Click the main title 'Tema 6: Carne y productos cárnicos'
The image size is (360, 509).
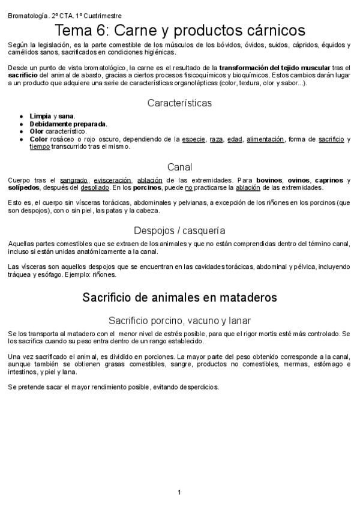pyautogui.click(x=180, y=30)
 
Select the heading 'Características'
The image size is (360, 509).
pyautogui.click(x=179, y=103)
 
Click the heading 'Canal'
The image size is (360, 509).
pyautogui.click(x=179, y=167)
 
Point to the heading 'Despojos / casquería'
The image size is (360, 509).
pyautogui.click(x=179, y=230)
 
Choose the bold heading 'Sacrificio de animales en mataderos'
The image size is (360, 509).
pyautogui.click(x=179, y=297)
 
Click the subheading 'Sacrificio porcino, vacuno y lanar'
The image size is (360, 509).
pyautogui.click(x=179, y=320)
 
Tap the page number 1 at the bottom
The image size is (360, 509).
pyautogui.click(x=179, y=492)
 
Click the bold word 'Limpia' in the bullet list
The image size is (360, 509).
pyautogui.click(x=40, y=115)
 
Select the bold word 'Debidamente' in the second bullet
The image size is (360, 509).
pyautogui.click(x=50, y=123)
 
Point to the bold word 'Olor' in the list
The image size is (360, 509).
pyautogui.click(x=37, y=131)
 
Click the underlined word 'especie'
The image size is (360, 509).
pyautogui.click(x=193, y=139)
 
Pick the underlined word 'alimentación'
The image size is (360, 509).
pyautogui.click(x=265, y=139)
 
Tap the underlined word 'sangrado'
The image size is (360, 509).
pyautogui.click(x=74, y=179)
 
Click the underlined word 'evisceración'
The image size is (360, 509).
pyautogui.click(x=113, y=179)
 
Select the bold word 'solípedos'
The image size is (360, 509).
pyautogui.click(x=24, y=187)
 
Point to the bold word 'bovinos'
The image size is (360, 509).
pyautogui.click(x=269, y=179)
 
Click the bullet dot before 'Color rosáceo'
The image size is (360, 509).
pyautogui.click(x=22, y=139)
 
